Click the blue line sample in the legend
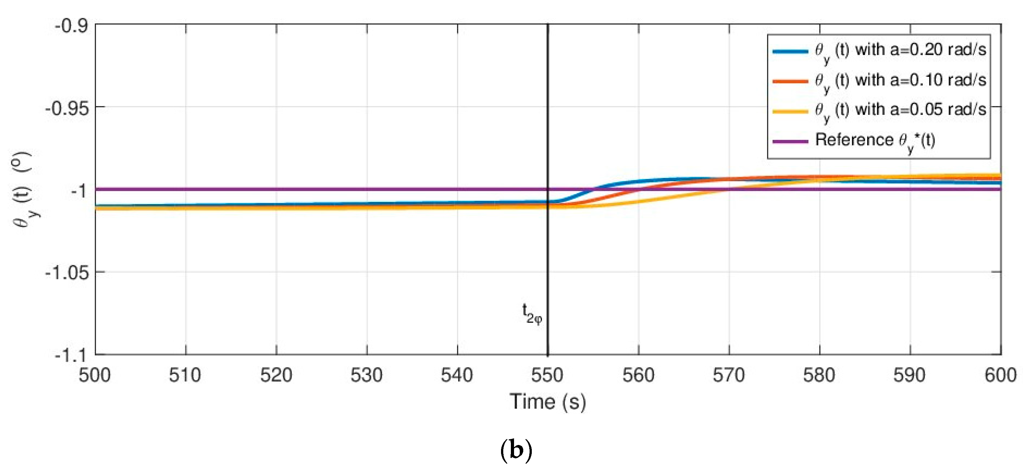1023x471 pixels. [790, 51]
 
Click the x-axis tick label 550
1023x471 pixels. [547, 375]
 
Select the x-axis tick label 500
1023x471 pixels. [95, 375]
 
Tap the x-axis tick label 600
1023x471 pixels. [1000, 375]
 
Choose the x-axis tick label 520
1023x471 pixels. [276, 375]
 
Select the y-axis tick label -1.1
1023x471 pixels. [71, 355]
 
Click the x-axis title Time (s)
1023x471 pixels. [548, 401]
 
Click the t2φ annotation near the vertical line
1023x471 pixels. [532, 314]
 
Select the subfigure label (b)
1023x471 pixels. [516, 450]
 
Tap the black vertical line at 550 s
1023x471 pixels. [548, 258]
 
